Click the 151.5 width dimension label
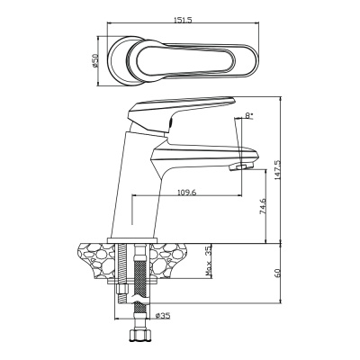(x=183, y=20)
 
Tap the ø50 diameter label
(x=94, y=61)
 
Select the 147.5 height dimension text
(x=277, y=170)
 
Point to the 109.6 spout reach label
(x=186, y=193)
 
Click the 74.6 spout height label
(x=263, y=206)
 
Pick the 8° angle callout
(x=249, y=115)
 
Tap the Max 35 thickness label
(x=209, y=260)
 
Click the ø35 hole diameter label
(x=163, y=315)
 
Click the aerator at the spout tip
(x=241, y=166)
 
